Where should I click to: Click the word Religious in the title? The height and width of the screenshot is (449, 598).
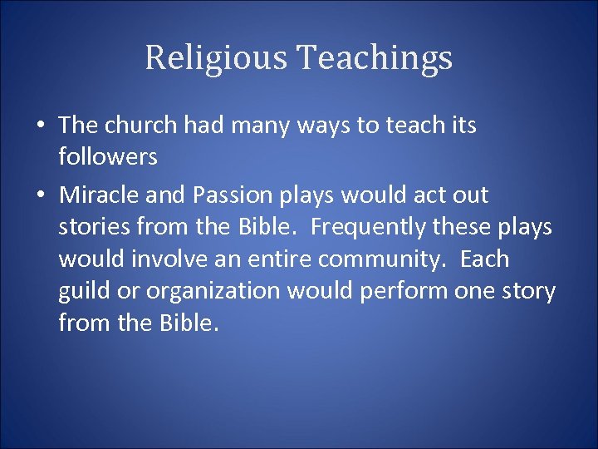tap(217, 58)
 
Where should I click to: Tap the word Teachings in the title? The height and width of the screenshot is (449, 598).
tap(375, 58)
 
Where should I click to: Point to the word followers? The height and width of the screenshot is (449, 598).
tap(108, 156)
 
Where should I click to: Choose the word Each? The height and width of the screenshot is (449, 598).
tap(484, 259)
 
